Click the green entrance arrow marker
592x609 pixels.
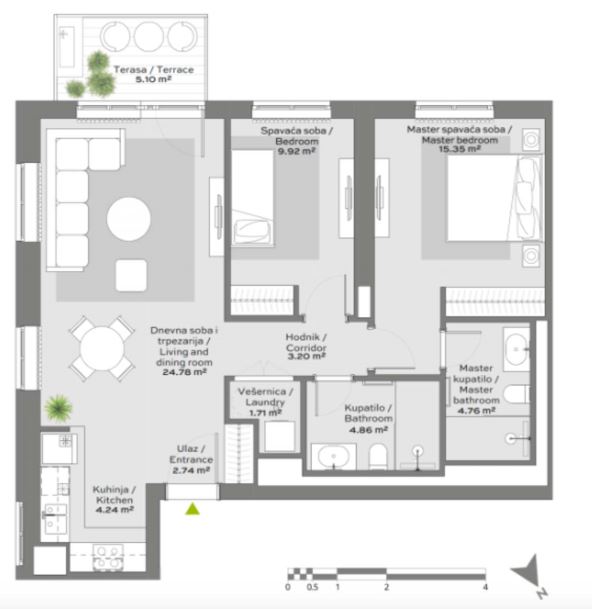[192, 509]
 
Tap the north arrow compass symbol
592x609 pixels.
[530, 574]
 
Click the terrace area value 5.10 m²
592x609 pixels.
[153, 79]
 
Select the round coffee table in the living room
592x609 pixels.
[129, 219]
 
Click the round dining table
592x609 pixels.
[102, 348]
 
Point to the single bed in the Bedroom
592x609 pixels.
[252, 198]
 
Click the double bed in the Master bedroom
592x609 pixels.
[494, 198]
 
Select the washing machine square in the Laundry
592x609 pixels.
[280, 436]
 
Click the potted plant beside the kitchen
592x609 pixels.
[58, 408]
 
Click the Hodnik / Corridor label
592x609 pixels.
[306, 342]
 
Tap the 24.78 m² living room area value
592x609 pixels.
[185, 372]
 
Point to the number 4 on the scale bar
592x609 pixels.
[485, 587]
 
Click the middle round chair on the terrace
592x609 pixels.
[149, 36]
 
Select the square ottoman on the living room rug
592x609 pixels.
[131, 275]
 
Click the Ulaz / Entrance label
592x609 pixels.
[191, 454]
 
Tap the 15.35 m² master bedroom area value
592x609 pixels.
[460, 149]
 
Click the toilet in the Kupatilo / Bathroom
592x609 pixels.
[378, 456]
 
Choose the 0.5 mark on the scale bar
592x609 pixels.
[312, 587]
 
